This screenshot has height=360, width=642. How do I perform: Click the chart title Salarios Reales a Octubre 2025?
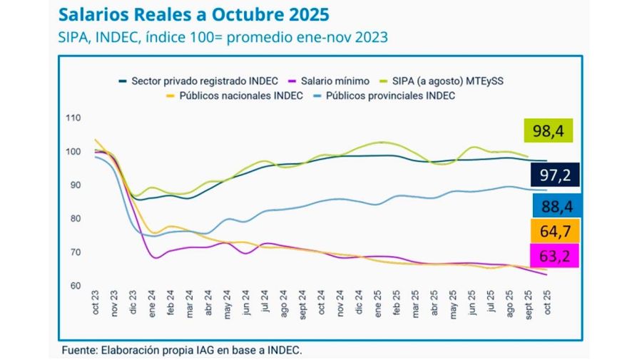193,14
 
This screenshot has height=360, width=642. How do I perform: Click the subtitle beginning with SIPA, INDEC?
223,37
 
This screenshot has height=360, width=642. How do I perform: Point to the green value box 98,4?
549,131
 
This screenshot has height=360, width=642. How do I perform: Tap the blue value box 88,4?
555,207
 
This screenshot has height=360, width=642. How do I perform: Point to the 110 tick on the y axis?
72,118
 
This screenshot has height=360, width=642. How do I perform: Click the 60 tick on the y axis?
74,286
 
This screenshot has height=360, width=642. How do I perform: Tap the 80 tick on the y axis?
74,219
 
